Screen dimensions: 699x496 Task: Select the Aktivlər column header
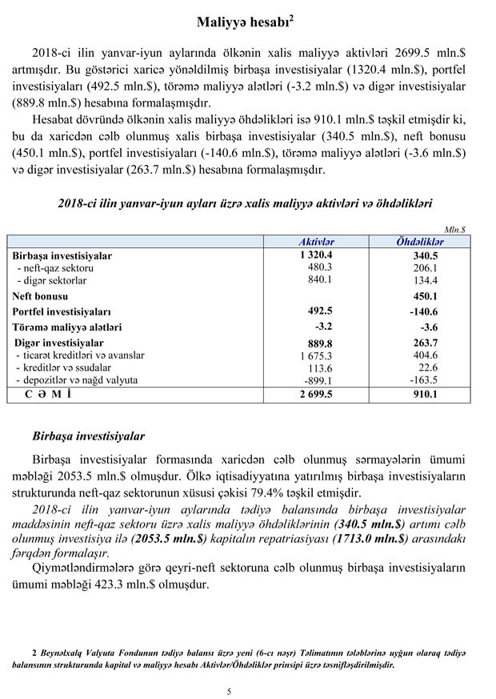click(x=316, y=241)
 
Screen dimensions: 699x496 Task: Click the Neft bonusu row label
click(x=41, y=295)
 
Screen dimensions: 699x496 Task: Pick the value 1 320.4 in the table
click(x=315, y=255)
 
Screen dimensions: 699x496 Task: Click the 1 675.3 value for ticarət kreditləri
click(x=316, y=356)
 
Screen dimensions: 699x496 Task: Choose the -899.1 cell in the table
click(x=318, y=380)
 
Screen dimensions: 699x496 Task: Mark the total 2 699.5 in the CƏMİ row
click(x=315, y=395)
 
